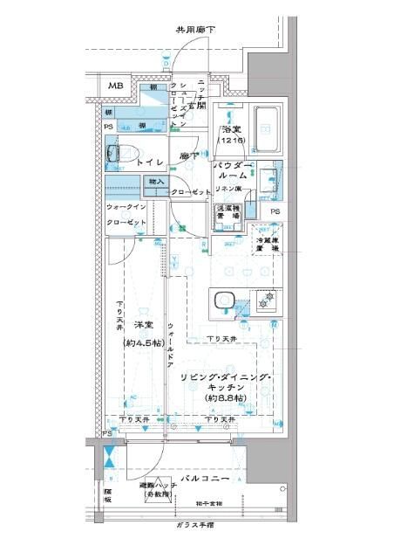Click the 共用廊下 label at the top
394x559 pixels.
[x=195, y=30]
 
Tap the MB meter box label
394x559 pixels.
[x=116, y=86]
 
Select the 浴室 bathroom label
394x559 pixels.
[x=231, y=129]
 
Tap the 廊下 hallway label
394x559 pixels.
[x=187, y=156]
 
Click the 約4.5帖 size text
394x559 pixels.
[x=143, y=342]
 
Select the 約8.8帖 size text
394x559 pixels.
[x=226, y=398]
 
